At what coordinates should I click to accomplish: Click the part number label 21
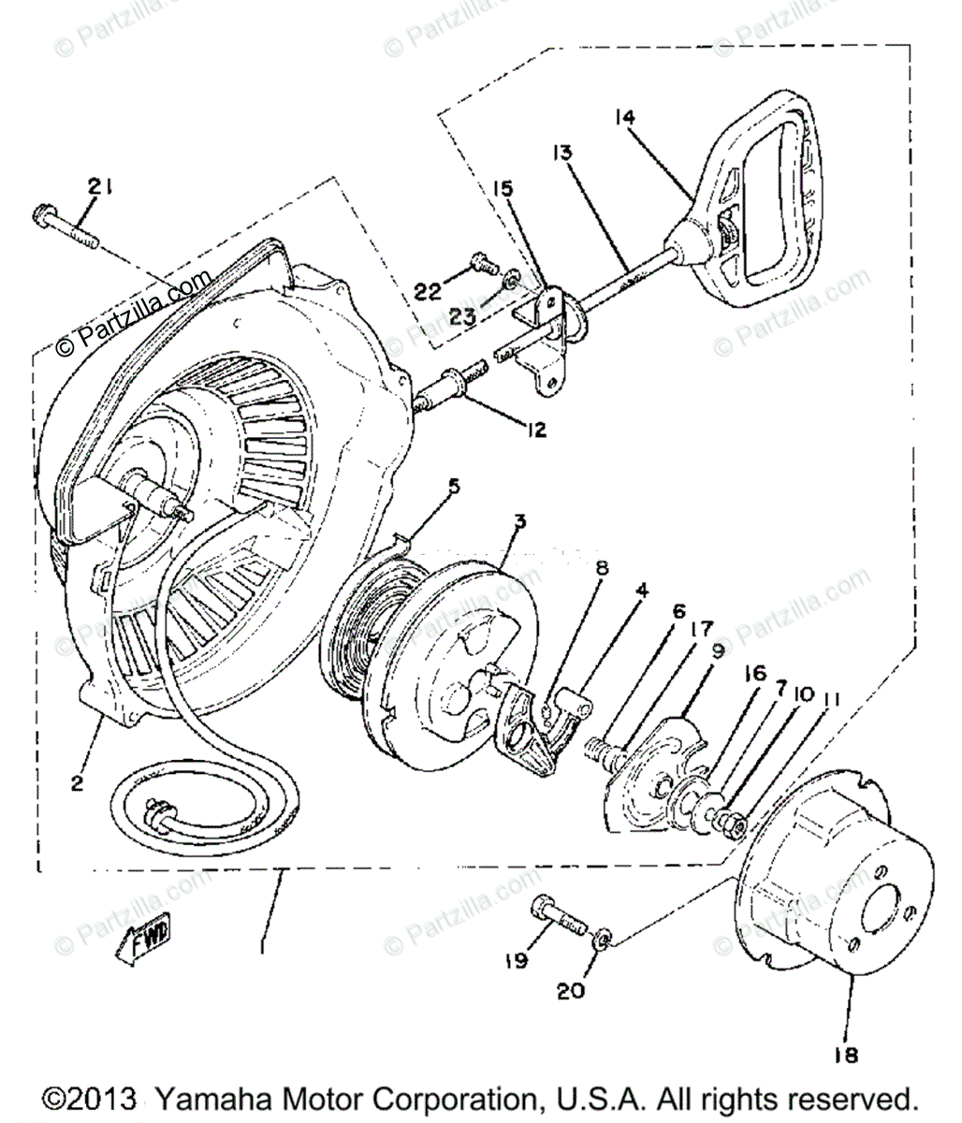tap(100, 186)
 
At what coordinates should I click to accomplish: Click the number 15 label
tap(503, 189)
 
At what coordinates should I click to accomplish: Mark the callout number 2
tap(77, 783)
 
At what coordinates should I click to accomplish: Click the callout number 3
tap(520, 521)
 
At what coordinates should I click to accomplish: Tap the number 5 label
tap(455, 487)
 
